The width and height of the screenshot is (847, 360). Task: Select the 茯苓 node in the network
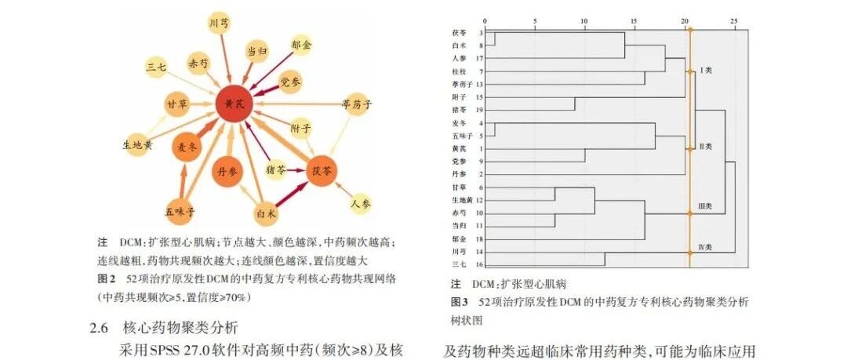322,169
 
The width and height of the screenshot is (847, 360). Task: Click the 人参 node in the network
362,203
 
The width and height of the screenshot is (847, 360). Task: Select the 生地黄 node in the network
138,144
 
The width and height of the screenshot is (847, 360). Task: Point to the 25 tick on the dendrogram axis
734,20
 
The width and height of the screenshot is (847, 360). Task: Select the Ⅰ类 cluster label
703,70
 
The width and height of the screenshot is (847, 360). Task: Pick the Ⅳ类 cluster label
704,247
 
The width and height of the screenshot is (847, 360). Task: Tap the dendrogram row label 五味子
460,136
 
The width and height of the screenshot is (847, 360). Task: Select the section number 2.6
100,327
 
